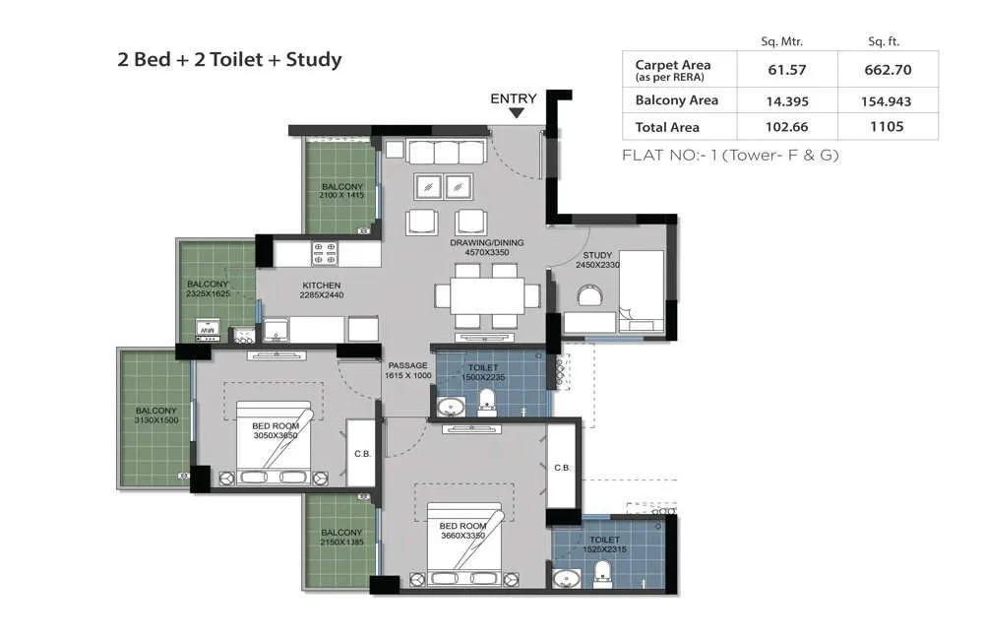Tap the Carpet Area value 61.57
coord(786,70)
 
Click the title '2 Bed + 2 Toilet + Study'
coord(229,60)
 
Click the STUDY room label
coord(597,255)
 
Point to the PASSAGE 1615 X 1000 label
coord(408,370)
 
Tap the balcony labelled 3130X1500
coord(156,416)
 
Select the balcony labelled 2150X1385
coord(341,537)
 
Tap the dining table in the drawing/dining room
coord(488,294)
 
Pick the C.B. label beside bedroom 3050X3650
coord(361,454)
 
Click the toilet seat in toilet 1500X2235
coord(485,402)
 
